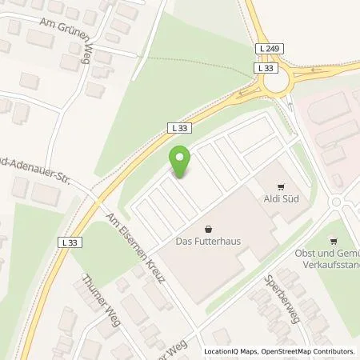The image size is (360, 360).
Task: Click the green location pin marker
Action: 181,162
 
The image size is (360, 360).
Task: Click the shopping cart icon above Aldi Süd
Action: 282,182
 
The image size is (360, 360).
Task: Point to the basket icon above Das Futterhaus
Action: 209,226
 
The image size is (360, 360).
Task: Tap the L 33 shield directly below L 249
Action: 267,69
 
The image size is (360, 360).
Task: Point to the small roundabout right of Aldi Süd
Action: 338,202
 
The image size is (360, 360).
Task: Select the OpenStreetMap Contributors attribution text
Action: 306,351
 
